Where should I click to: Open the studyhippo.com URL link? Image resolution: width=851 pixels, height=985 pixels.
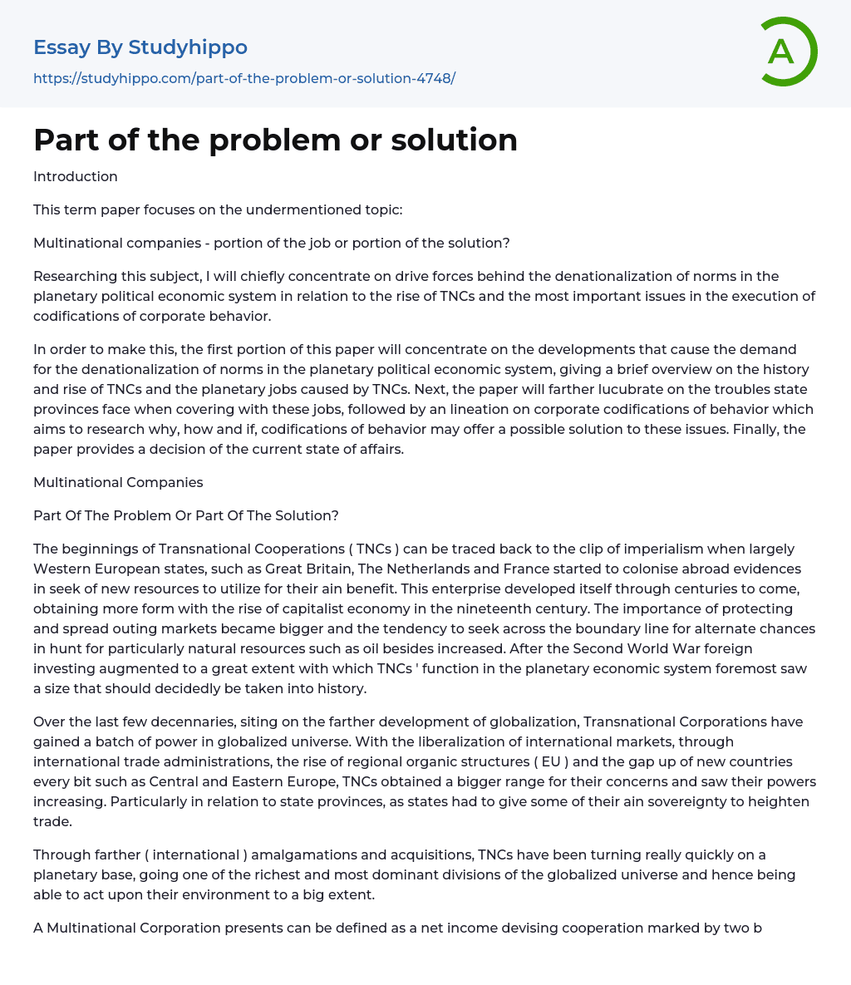244,78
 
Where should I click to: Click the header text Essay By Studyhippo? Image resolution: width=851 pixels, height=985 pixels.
140,47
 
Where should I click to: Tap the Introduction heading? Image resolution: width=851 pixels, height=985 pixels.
76,176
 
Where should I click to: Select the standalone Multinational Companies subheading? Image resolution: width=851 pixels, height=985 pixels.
118,482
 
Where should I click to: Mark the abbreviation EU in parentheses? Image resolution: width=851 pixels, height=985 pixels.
550,761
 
